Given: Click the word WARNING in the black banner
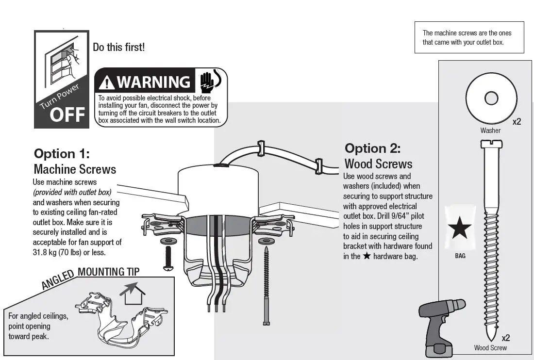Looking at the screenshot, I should click(153, 82).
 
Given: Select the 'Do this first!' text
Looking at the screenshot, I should click(118, 48).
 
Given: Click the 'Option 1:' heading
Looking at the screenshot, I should click(62, 154).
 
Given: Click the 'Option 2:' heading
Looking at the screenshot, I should click(372, 148).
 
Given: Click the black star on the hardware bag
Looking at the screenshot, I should click(459, 229).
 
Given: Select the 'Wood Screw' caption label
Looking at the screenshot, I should click(490, 347).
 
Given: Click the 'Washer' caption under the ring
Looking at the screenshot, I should click(490, 130).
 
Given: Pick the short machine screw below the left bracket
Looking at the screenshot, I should click(169, 258).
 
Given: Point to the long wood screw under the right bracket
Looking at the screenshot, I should click(266, 286).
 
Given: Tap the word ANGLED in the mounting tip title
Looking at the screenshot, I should click(58, 280).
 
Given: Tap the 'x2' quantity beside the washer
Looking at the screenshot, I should click(517, 122).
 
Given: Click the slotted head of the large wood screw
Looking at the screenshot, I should click(490, 144).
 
